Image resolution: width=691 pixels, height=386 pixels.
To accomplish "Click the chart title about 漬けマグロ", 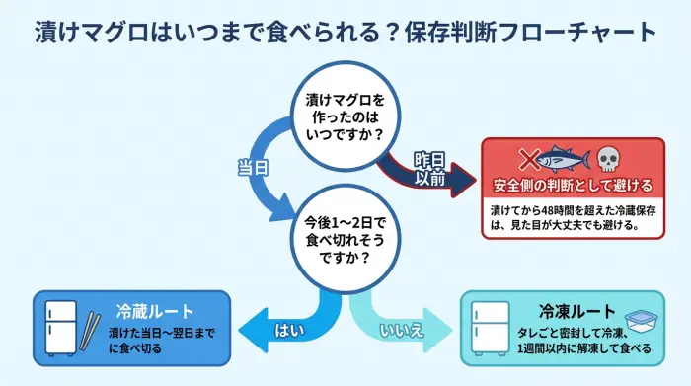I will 345,32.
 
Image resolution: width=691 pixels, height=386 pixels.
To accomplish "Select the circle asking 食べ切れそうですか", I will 342,237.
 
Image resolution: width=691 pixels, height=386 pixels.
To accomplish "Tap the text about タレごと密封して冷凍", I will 581,341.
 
